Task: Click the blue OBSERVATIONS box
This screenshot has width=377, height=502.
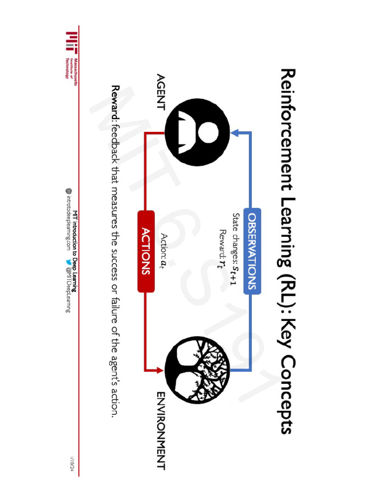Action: (252, 251)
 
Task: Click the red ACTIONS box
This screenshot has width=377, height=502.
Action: (146, 251)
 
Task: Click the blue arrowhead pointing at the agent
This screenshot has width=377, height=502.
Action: (235, 132)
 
